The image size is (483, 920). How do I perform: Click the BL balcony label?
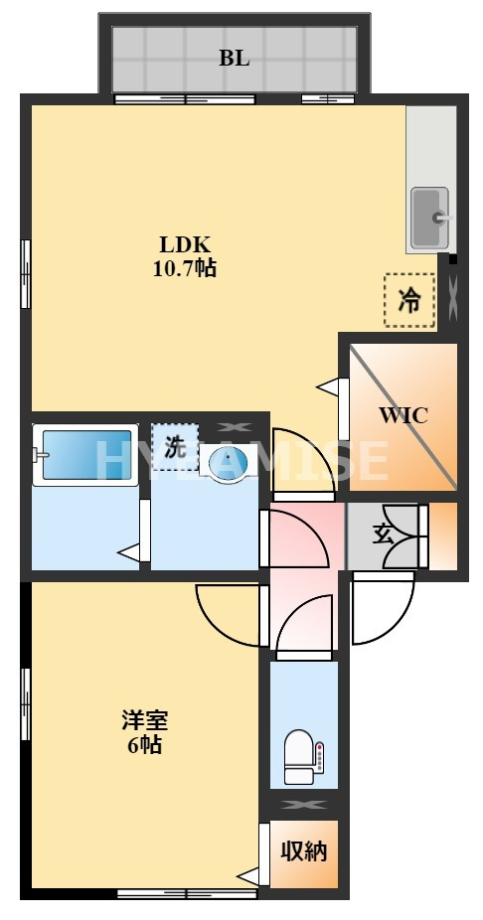(x=235, y=58)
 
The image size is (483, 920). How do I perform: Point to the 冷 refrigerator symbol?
(x=409, y=300)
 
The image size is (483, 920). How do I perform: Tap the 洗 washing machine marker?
(x=175, y=447)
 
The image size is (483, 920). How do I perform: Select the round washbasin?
(x=229, y=463)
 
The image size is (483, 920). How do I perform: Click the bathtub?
(x=84, y=455)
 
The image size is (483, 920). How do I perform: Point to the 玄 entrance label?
(x=384, y=534)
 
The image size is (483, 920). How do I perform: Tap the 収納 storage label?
(x=303, y=851)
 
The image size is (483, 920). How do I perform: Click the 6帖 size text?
(x=143, y=745)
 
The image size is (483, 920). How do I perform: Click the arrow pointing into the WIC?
(x=327, y=385)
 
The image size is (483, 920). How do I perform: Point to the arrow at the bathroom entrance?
(x=128, y=551)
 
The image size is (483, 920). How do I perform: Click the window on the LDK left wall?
(x=26, y=272)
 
